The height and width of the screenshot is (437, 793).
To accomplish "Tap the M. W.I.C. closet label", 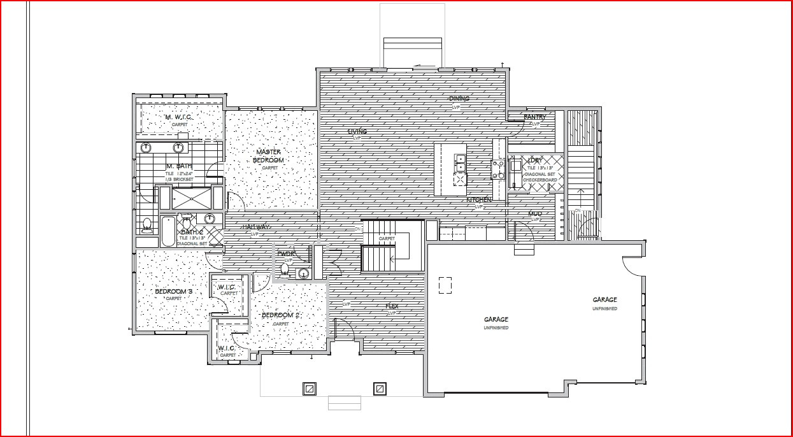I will [x=179, y=117].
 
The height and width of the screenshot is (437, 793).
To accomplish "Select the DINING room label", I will [x=459, y=99].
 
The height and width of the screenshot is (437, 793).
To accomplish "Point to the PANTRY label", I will [x=534, y=117].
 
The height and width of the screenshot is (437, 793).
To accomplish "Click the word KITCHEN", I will [x=479, y=200].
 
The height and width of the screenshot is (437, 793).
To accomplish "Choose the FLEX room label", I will [x=392, y=306].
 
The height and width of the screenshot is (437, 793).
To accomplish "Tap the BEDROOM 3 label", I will [x=174, y=292].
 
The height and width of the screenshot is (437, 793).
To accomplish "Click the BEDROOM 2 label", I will [x=280, y=315].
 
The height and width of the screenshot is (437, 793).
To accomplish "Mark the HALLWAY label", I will [x=255, y=227].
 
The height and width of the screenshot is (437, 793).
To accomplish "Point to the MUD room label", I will [x=535, y=213].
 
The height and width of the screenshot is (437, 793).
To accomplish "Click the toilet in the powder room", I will [x=285, y=271].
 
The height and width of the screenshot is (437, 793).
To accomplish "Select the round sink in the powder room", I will [x=304, y=274].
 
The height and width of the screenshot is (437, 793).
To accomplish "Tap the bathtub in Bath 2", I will [x=168, y=231].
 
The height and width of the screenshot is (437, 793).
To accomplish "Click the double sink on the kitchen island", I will [x=459, y=163].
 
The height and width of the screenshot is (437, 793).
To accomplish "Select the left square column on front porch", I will [x=309, y=388].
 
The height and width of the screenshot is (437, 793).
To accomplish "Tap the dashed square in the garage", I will [x=445, y=286].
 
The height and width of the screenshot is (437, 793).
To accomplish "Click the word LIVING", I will [x=357, y=132].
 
